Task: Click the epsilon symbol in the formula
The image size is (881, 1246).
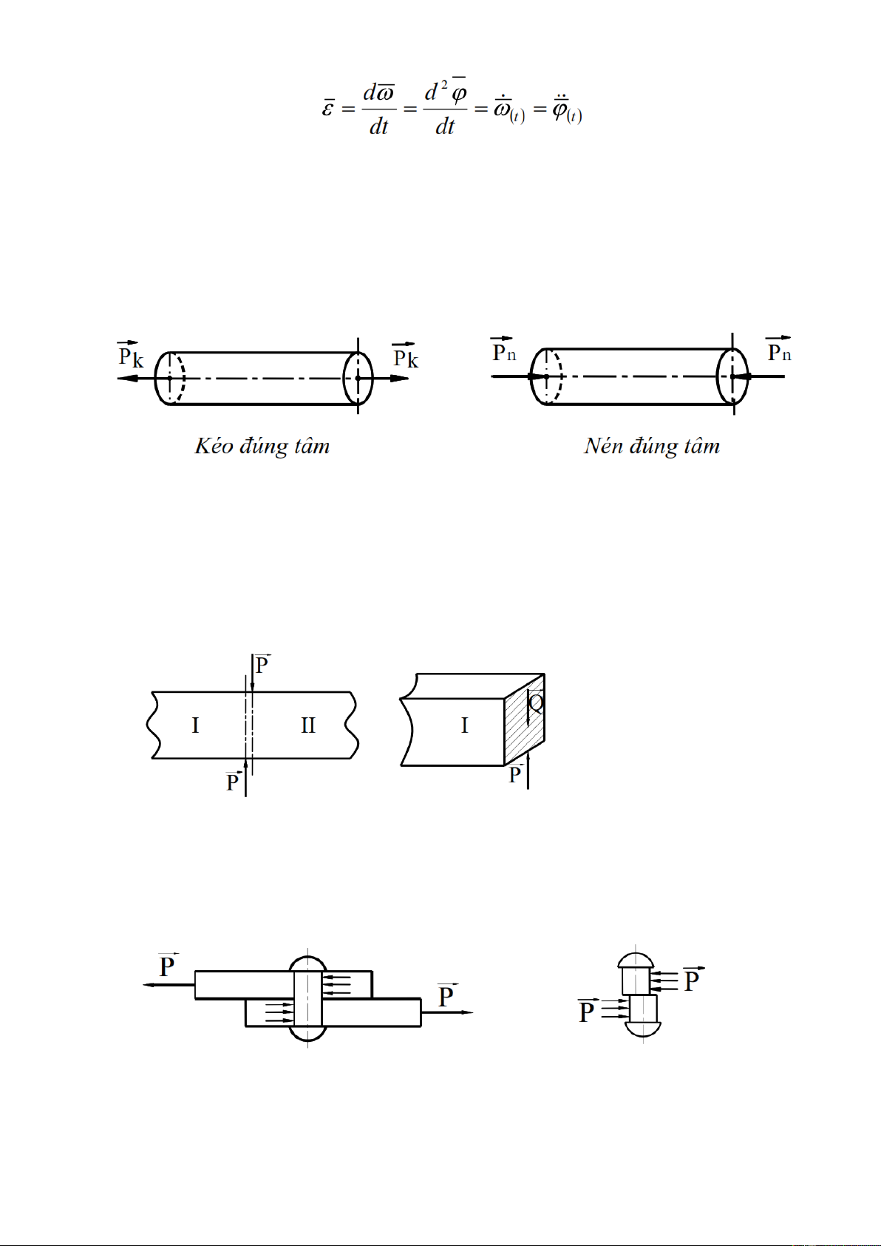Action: pos(328,106)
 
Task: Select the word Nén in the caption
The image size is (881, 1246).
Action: pos(604,446)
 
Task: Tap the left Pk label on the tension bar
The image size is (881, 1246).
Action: pos(131,355)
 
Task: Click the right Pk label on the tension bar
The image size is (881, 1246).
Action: pos(405,356)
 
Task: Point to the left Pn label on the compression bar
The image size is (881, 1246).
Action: pos(503,350)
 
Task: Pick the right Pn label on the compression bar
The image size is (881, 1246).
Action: pos(779,349)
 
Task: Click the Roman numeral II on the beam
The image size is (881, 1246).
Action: pos(308,725)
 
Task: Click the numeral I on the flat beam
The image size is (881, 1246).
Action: pos(195,725)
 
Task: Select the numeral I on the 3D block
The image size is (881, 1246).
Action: pos(465,725)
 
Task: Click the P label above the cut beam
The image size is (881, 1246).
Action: pos(262,664)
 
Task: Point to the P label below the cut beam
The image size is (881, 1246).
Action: pos(233,782)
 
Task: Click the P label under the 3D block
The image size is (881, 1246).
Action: pos(515,773)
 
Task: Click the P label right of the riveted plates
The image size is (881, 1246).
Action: pos(446,995)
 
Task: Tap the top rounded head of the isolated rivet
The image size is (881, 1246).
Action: pos(636,961)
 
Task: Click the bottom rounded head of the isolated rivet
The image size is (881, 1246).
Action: pos(643,1029)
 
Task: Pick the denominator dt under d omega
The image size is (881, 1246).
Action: pos(378,127)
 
